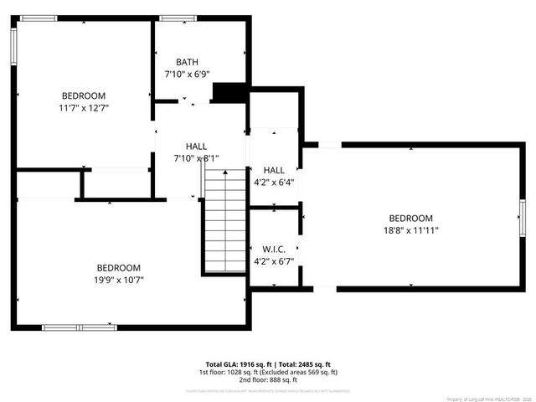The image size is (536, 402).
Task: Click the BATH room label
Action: [x=187, y=63]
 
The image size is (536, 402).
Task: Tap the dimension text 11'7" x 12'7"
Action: [x=84, y=108]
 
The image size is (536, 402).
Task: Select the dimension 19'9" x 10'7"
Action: [x=118, y=280]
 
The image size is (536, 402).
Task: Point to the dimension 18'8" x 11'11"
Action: [x=410, y=230]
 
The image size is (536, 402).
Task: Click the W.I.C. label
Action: [x=274, y=250]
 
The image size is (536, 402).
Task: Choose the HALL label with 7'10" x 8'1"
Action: [x=196, y=146]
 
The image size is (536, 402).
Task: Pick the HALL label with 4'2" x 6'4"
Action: [x=274, y=170]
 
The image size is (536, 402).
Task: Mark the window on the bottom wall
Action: [x=80, y=327]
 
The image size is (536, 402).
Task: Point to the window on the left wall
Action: [x=13, y=47]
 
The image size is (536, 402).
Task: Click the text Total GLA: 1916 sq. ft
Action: [x=238, y=364]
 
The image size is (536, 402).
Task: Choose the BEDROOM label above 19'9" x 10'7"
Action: [x=118, y=268]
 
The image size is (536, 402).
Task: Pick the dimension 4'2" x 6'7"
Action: [x=274, y=261]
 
